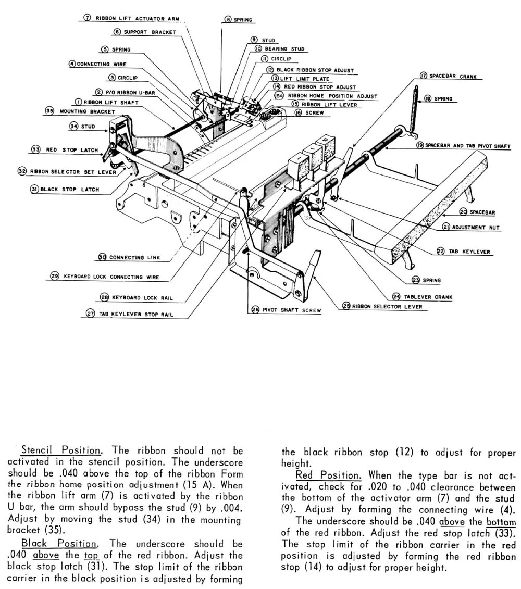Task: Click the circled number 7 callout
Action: [88, 18]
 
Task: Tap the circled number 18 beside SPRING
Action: [427, 98]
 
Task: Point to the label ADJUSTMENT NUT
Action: [476, 227]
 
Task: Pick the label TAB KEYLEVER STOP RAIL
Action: [139, 314]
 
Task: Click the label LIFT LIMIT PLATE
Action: [301, 78]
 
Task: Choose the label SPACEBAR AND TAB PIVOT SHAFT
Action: [467, 146]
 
